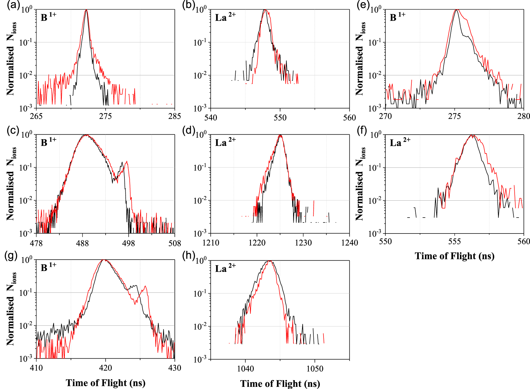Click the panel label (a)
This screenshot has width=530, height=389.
[x=14, y=6]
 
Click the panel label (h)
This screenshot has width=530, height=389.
[x=188, y=255]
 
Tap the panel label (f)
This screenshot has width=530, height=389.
[x=363, y=130]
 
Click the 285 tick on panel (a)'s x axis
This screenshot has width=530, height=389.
[x=175, y=116]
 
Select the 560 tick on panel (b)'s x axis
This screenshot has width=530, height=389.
[x=349, y=117]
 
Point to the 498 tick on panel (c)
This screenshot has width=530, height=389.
[x=128, y=243]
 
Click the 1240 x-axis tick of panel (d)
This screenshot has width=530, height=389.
[x=349, y=243]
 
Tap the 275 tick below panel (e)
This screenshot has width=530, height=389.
[x=454, y=116]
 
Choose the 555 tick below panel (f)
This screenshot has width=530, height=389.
[x=454, y=242]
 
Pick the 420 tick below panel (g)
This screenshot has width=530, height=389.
[x=105, y=368]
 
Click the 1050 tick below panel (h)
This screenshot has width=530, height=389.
[x=315, y=368]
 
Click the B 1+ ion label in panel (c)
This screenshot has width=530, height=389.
[x=48, y=142]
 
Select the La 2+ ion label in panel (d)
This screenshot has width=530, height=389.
[x=225, y=142]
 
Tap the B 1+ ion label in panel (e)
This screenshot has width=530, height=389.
[x=397, y=17]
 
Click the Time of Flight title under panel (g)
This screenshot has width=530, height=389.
[x=105, y=383]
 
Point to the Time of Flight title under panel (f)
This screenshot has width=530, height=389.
[x=454, y=256]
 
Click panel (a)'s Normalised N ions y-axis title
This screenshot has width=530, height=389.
[x=11, y=58]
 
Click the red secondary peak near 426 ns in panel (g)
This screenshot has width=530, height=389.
[x=145, y=286]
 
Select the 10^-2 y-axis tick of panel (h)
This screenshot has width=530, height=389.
[x=200, y=326]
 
